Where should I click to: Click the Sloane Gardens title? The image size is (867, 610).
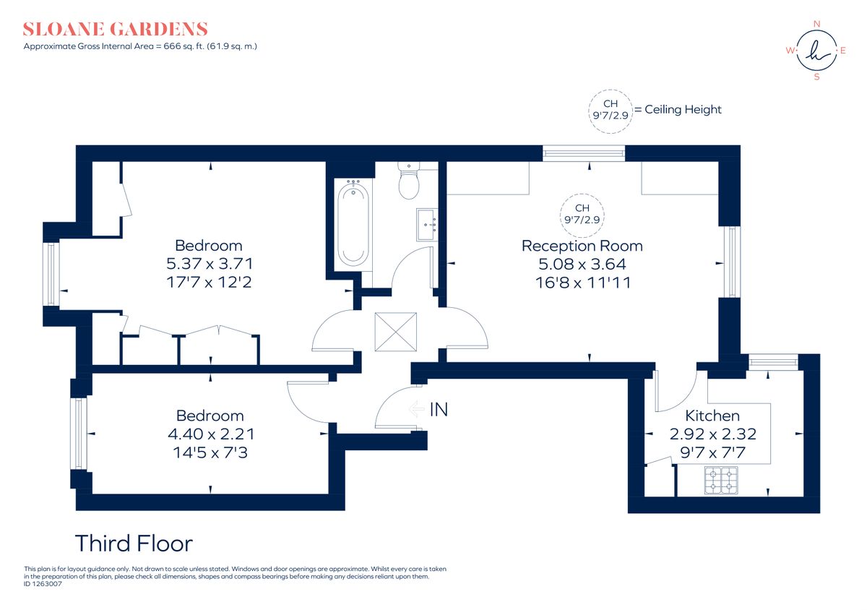coord(116,30)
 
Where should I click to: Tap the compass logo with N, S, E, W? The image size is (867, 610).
coord(816,50)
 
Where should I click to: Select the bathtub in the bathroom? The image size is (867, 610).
coord(353,225)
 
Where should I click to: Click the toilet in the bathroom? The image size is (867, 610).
coord(409,181)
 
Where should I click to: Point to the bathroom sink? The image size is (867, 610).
coord(426,224)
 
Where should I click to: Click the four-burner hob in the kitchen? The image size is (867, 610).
coord(721,481)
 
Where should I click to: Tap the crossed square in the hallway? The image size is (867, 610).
coord(395,332)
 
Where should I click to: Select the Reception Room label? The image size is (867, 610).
coord(582,246)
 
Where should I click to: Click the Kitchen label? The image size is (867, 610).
coord(712,416)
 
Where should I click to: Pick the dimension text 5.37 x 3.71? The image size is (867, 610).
coord(210,264)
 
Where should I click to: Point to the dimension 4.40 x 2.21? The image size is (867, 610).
coord(210,434)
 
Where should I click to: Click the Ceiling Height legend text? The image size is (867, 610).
coord(683,110)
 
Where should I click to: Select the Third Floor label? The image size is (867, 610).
coord(134,544)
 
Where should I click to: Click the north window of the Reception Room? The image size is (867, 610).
coord(584,152)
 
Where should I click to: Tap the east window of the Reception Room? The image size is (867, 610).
coord(733,262)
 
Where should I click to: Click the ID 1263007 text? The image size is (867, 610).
coord(43,583)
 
